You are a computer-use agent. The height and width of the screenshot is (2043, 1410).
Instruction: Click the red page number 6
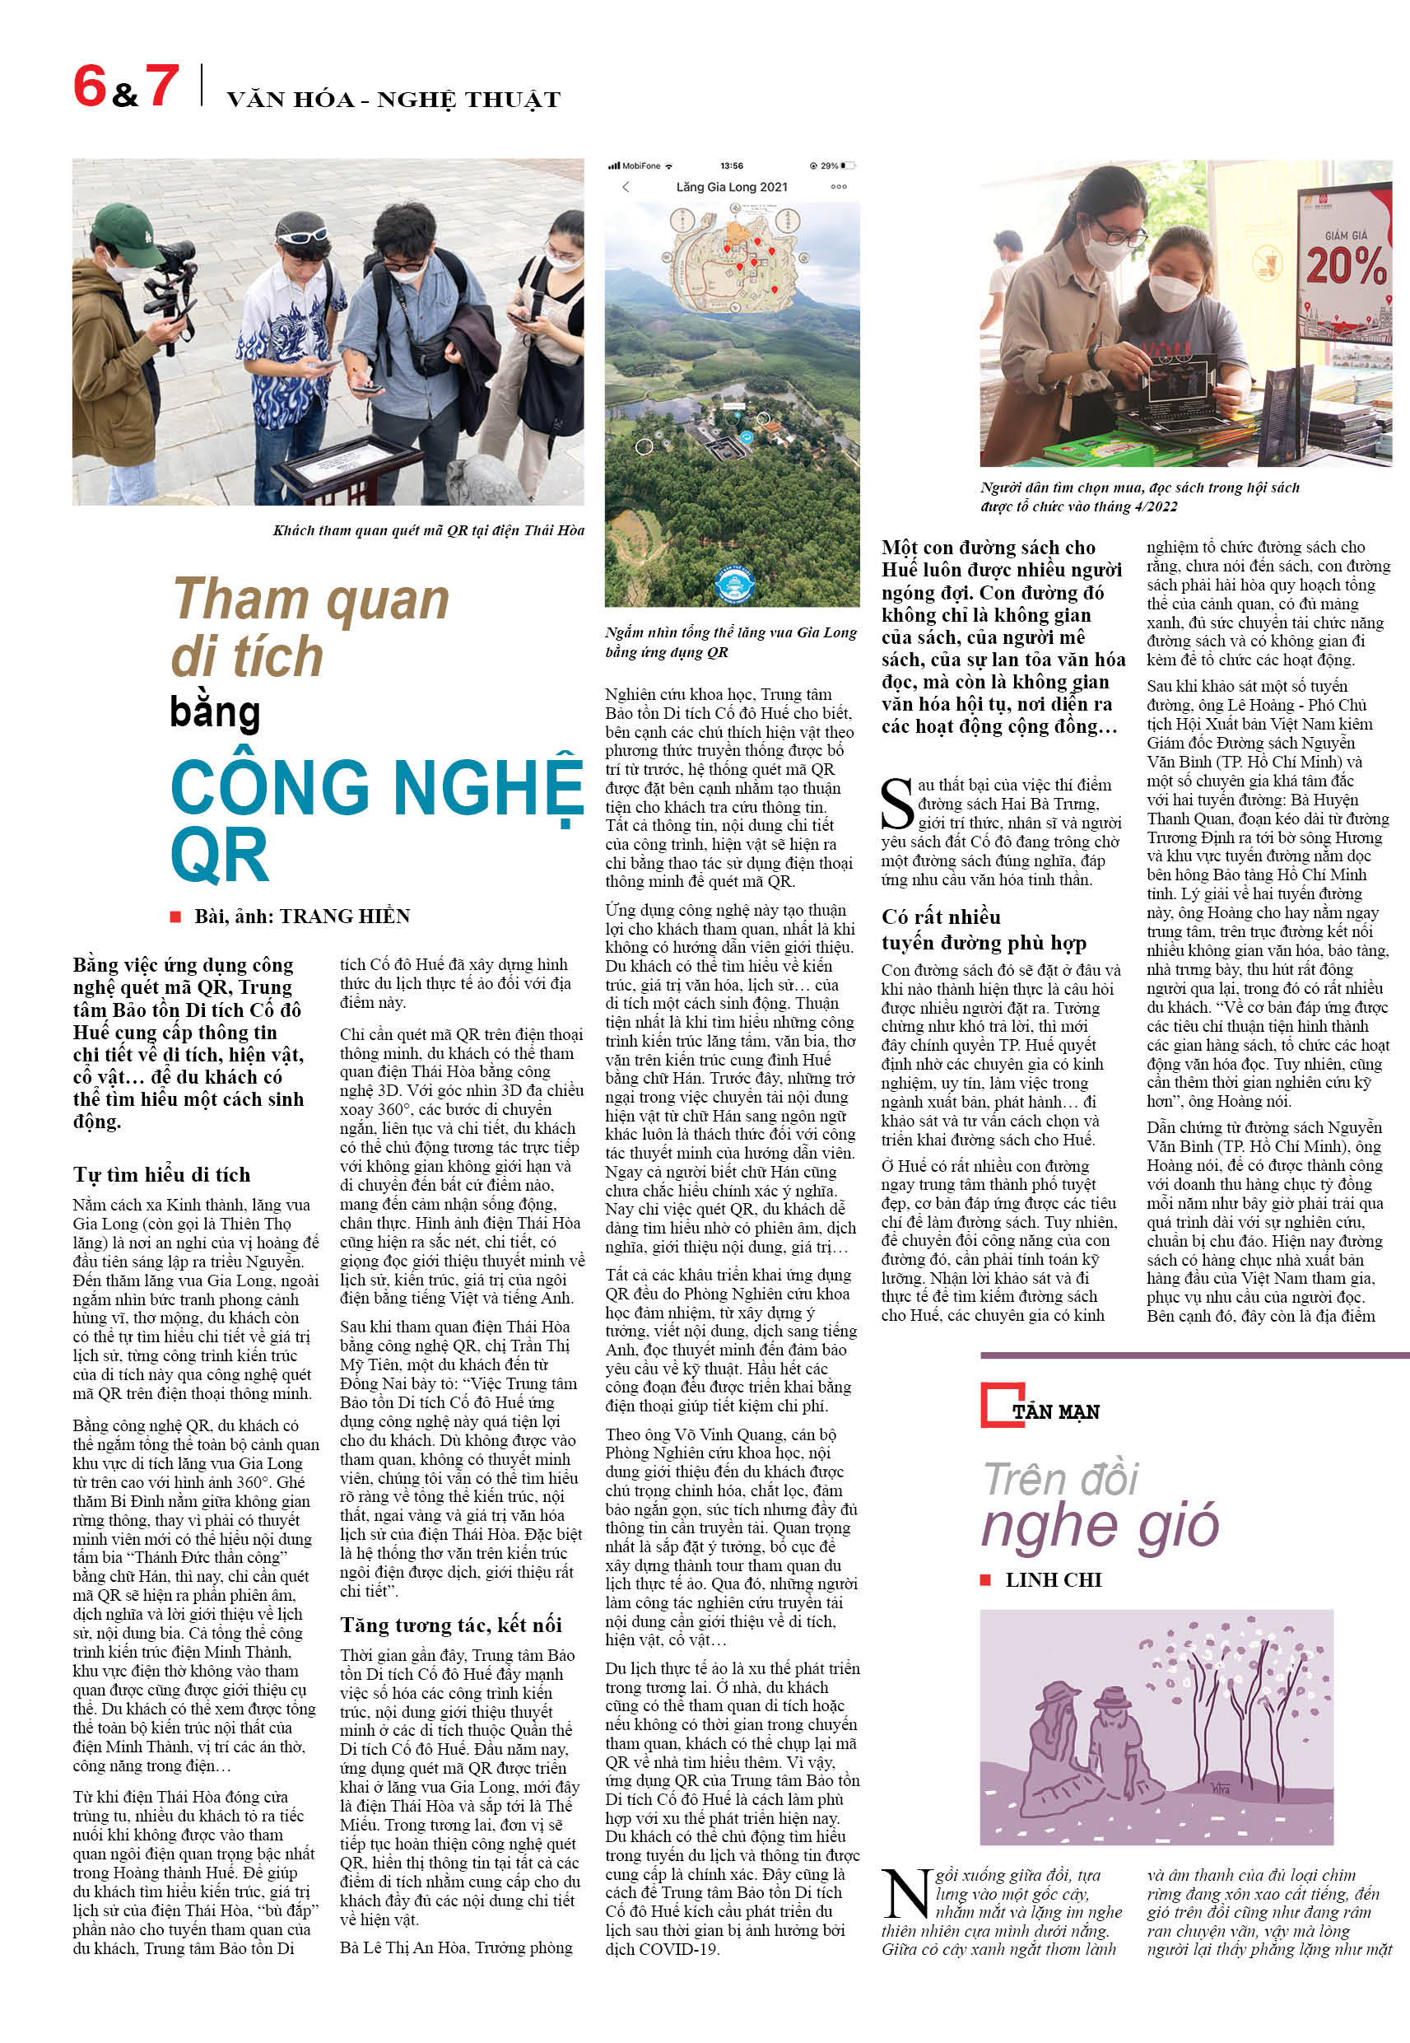89,86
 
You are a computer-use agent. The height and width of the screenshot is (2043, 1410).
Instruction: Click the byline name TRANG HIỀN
345,917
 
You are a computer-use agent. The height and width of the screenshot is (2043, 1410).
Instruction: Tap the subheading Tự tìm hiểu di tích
161,1174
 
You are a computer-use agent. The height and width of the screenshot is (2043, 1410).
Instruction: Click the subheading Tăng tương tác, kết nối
450,1625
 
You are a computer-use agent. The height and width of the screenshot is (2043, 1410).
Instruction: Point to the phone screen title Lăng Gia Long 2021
732,187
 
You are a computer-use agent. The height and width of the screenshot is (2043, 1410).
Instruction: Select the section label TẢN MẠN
1056,1412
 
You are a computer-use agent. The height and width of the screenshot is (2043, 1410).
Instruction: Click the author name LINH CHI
1053,1580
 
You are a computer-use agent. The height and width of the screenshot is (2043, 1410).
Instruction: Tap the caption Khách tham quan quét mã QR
427,530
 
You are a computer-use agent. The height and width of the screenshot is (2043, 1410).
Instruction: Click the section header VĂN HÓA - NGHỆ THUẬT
393,100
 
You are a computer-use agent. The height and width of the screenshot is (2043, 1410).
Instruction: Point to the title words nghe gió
1100,1526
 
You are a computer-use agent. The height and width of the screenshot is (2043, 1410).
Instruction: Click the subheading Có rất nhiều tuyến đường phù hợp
984,930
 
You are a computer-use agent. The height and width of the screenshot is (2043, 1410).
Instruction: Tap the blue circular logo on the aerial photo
733,585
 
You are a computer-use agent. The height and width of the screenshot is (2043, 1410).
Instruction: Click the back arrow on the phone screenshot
626,187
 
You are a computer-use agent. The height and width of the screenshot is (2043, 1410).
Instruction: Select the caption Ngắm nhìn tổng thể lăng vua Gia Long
731,641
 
